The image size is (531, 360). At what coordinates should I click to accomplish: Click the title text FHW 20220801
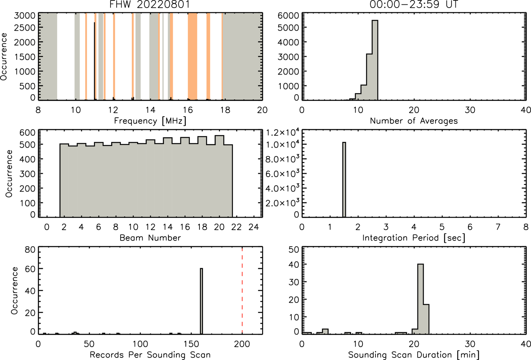pyautogui.click(x=150, y=5)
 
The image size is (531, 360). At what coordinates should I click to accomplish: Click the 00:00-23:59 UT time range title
pyautogui.click(x=414, y=5)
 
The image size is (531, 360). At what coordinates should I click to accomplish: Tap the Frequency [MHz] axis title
pyautogui.click(x=150, y=121)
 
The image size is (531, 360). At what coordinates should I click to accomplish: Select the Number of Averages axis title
pyautogui.click(x=414, y=121)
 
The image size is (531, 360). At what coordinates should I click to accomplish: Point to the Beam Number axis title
pyautogui.click(x=150, y=238)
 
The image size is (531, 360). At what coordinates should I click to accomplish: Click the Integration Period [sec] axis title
pyautogui.click(x=414, y=238)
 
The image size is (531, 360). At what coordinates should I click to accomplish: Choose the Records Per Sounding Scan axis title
pyautogui.click(x=150, y=355)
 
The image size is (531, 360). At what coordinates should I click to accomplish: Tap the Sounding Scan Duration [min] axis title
pyautogui.click(x=414, y=355)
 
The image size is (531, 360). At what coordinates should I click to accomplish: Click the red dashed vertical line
pyautogui.click(x=242, y=291)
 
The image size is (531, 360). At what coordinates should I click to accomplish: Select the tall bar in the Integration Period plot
pyautogui.click(x=344, y=180)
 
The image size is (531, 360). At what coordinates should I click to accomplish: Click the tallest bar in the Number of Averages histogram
pyautogui.click(x=375, y=60)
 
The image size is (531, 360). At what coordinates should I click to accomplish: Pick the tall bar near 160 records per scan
pyautogui.click(x=201, y=301)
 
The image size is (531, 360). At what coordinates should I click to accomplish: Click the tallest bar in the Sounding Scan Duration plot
pyautogui.click(x=420, y=299)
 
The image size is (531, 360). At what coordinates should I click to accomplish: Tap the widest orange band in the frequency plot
pyautogui.click(x=193, y=56)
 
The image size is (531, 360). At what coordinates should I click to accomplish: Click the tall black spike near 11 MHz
pyautogui.click(x=94, y=61)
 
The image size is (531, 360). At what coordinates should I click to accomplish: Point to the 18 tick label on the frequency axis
pyautogui.click(x=225, y=110)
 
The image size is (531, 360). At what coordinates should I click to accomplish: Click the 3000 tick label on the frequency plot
pyautogui.click(x=24, y=15)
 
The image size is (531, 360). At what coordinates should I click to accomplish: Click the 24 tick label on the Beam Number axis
pyautogui.click(x=254, y=227)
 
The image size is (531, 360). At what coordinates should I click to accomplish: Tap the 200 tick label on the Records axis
pyautogui.click(x=242, y=344)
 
